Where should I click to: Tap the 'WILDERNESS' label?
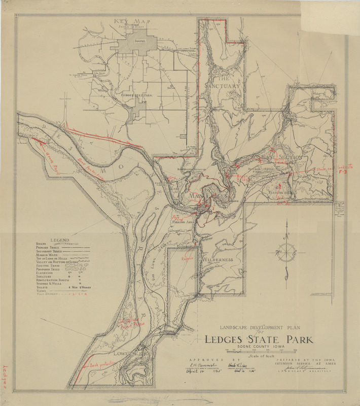click(218, 260)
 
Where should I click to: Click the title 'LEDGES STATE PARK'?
click(259, 340)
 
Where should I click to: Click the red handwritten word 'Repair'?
click(189, 257)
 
